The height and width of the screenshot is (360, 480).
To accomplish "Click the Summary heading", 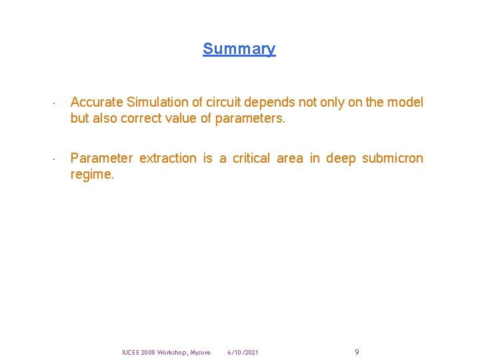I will [x=239, y=49].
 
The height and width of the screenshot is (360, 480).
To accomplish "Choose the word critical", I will [x=254, y=158].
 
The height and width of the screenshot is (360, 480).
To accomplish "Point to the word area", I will [x=289, y=158].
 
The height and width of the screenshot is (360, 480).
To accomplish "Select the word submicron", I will [x=392, y=158].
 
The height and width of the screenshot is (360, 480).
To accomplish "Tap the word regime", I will [x=92, y=175].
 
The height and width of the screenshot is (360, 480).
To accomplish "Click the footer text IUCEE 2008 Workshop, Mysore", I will [x=166, y=352].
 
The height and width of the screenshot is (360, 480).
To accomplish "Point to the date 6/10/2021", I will [x=243, y=352].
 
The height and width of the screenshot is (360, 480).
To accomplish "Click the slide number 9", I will [x=357, y=352].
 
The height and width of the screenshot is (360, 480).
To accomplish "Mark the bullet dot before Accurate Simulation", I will [x=53, y=104].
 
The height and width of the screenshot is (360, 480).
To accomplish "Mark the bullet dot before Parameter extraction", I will [x=53, y=160].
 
